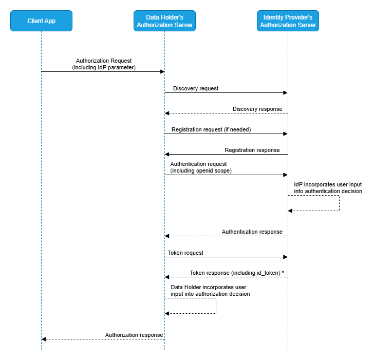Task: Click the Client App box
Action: point(41,21)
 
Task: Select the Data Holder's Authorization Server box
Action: point(164,21)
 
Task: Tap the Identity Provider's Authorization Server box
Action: point(288,21)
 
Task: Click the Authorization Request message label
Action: point(103,64)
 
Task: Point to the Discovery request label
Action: point(195,88)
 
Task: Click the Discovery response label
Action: point(257,109)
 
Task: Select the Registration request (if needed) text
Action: point(211,129)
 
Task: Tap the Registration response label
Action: point(252,150)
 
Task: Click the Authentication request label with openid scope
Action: point(201,167)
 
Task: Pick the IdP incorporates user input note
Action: point(328,187)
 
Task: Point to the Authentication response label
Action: point(252,232)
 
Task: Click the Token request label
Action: point(185,253)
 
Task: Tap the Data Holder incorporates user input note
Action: point(210,290)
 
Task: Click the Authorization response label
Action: point(134,335)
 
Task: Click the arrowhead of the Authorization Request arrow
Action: point(161,72)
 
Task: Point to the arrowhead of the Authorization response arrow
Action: point(44,339)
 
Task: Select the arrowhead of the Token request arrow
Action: point(285,257)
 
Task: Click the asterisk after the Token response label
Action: point(283,273)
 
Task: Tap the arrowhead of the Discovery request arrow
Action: point(285,92)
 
